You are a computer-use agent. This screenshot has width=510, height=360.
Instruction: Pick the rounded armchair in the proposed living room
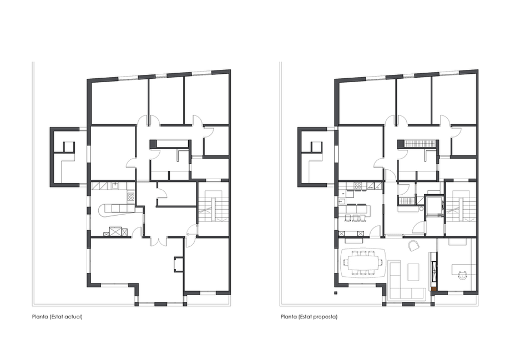(x=413, y=245)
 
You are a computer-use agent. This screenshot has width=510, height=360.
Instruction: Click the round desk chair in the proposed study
(x=462, y=275)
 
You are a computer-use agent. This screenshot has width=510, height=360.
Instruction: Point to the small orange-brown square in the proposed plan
(x=433, y=288)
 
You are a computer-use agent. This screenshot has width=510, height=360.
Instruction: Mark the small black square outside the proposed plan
(x=336, y=293)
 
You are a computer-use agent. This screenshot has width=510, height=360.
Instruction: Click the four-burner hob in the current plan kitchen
(x=131, y=196)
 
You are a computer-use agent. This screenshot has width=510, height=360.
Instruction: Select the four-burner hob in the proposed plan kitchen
(x=358, y=186)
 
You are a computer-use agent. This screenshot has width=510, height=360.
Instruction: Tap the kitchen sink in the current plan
(x=115, y=186)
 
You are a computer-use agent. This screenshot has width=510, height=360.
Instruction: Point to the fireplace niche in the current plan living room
(x=178, y=263)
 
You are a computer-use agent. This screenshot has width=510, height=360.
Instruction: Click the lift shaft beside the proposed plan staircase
(x=433, y=206)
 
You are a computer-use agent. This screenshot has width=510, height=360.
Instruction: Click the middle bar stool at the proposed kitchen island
(x=355, y=218)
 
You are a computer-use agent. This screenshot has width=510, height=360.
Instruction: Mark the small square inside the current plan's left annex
(x=69, y=146)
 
